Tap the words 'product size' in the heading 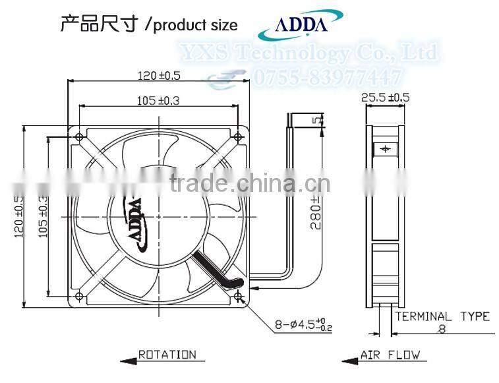coord(196,26)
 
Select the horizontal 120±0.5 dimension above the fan coord(159,76)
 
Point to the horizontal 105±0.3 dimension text coord(159,100)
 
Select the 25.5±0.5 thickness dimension coord(386,97)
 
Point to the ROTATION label coord(167,355)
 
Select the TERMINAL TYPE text coord(442,316)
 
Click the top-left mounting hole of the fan coord(80,136)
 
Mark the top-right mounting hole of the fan coord(237,136)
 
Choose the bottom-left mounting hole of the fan coord(80,295)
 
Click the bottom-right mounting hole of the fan coord(237,295)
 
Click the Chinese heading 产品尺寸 coord(100,24)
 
